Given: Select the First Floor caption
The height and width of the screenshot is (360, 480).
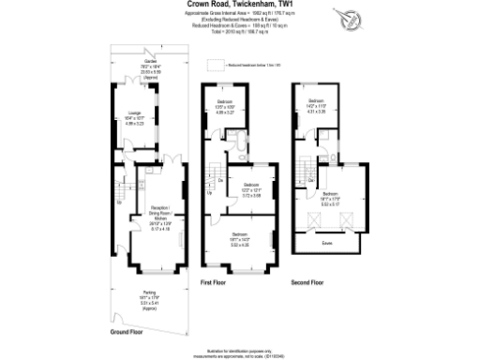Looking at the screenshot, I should (x=214, y=281).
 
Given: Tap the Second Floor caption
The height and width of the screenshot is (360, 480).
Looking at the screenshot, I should (x=306, y=281).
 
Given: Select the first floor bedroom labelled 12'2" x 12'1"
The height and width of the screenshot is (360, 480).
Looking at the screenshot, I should (x=249, y=189).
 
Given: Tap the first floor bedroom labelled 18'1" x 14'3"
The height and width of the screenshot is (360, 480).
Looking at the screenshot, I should (x=239, y=238).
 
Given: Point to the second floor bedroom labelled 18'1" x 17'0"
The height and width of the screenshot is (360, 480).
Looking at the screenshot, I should (x=327, y=199).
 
